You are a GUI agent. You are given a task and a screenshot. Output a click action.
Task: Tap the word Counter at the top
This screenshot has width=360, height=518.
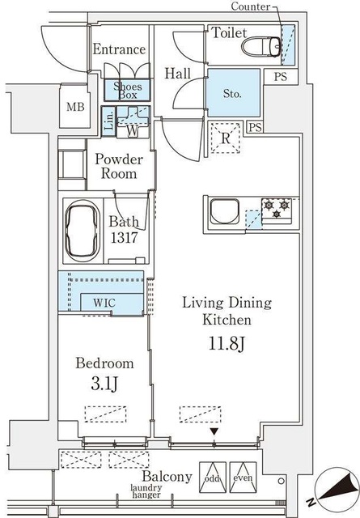point(251,7)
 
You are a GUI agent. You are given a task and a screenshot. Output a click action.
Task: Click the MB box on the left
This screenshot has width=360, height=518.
point(75,107)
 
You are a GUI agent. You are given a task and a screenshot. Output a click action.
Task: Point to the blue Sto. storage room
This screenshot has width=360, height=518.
point(233,94)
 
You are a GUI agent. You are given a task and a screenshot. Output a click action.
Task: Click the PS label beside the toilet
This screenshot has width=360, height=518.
point(281,77)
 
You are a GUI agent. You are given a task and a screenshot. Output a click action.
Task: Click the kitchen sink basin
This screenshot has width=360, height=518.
point(224,214)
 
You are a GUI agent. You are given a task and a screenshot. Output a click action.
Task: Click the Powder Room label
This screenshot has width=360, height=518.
point(118,167)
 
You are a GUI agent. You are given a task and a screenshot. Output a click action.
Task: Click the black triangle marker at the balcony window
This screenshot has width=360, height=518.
point(214,432)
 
